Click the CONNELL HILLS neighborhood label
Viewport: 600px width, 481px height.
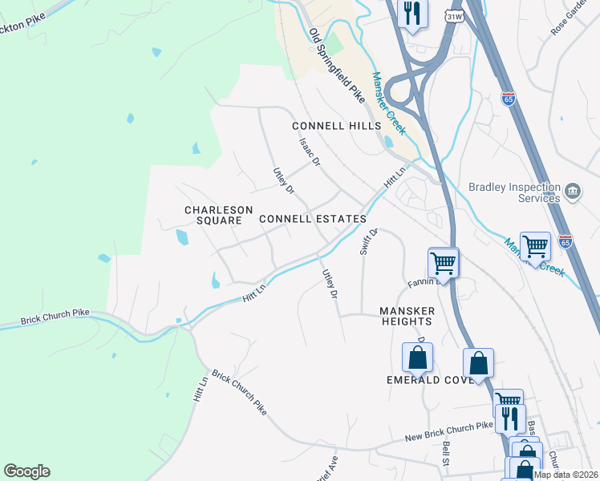pos(336,127)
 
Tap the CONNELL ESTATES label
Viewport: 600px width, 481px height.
pos(312,218)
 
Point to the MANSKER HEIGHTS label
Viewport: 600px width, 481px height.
pos(407,316)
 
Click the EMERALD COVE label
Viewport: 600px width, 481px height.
pos(430,379)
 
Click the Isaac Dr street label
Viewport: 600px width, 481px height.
pos(310,151)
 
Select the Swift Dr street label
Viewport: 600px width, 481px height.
pos(367,241)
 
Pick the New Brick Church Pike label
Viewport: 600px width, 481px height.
pos(447,434)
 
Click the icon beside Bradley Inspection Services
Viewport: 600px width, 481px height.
pos(573,191)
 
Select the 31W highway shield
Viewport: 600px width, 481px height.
pos(455,16)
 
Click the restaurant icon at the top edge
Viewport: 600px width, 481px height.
pos(413,14)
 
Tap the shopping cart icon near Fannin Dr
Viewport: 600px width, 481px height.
pos(443,262)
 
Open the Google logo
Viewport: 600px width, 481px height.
pos(26,471)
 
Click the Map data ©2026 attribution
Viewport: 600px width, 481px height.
pos(566,475)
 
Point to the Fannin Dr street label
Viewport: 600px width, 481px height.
pos(420,282)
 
